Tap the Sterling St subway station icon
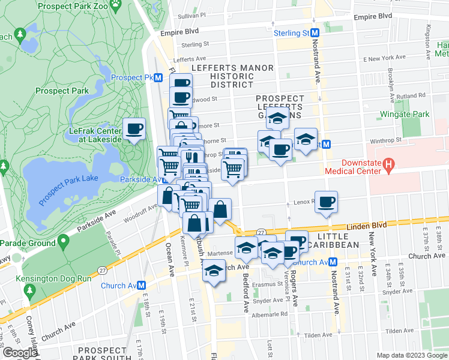(314, 34)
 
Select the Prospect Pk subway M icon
(158, 78)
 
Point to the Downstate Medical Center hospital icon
(388, 163)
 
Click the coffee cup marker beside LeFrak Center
(134, 128)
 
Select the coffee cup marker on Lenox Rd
(326, 202)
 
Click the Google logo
(19, 353)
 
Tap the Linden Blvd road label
(367, 226)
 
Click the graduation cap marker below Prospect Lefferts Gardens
(277, 119)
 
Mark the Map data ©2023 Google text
(411, 355)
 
